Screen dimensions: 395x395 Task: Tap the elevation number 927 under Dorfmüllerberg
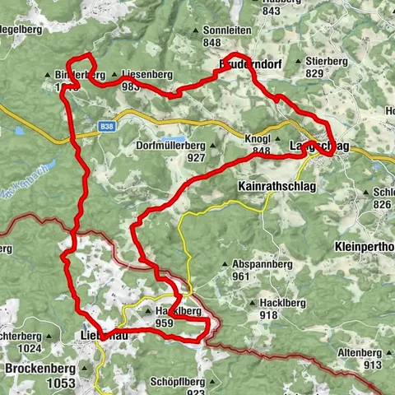(195, 157)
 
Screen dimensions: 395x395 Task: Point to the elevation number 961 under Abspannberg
(240, 276)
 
